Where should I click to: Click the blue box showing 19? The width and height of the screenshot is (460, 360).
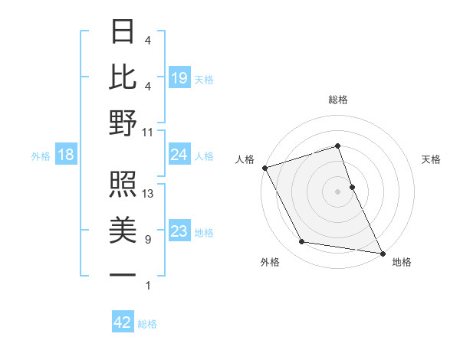[179, 78]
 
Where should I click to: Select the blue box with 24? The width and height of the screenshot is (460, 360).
[179, 155]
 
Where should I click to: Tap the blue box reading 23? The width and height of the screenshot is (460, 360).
[179, 232]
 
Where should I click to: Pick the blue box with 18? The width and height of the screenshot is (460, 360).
[66, 155]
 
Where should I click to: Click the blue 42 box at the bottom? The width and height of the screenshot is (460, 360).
[123, 323]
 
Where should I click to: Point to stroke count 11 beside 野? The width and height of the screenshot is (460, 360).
[148, 133]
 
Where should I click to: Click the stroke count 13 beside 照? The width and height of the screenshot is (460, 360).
[148, 194]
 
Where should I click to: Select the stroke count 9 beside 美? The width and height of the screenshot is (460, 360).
[148, 240]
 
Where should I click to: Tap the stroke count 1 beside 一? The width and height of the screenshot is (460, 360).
[148, 286]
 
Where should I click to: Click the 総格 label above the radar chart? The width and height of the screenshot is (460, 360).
[338, 100]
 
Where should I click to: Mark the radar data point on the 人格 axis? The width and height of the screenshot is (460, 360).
[264, 168]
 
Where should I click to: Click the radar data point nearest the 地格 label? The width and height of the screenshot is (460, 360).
[381, 252]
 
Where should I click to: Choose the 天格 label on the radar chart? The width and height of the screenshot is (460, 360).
[431, 159]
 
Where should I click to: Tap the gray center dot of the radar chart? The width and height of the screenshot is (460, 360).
[338, 191]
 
